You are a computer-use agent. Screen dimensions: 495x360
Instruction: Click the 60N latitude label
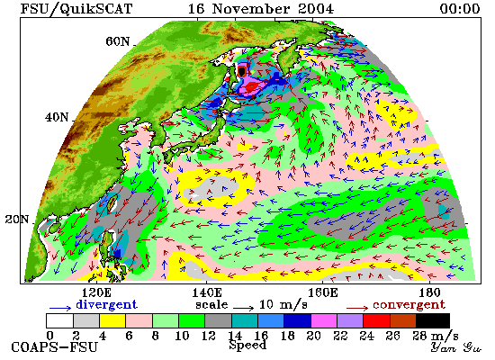click(x=117, y=41)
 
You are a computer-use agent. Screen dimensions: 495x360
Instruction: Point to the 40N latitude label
click(x=57, y=118)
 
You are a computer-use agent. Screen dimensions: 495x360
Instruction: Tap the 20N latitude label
click(x=17, y=220)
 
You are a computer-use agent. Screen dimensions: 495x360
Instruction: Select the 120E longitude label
click(x=96, y=292)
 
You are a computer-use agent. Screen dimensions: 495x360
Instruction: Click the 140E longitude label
click(x=207, y=292)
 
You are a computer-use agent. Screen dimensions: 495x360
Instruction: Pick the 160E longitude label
click(x=322, y=292)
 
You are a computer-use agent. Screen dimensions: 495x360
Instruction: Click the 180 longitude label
click(x=429, y=292)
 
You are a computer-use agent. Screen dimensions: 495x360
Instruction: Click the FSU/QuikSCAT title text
click(x=76, y=9)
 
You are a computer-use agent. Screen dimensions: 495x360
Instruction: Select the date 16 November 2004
click(x=261, y=8)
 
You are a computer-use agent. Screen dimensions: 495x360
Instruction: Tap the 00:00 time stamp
click(x=460, y=8)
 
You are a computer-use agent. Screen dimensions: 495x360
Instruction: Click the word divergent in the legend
click(x=107, y=305)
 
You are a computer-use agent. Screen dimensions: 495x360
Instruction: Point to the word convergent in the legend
click(x=409, y=305)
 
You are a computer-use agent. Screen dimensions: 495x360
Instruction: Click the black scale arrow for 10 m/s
click(x=243, y=307)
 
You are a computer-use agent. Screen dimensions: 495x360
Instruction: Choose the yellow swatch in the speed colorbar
click(x=112, y=320)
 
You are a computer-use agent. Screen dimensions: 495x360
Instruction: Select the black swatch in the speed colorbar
click(x=433, y=320)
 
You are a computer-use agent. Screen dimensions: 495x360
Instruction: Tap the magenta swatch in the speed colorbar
click(x=324, y=320)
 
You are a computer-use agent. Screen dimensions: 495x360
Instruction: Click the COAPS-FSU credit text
click(x=54, y=347)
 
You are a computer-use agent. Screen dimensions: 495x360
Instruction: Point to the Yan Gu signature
click(x=455, y=347)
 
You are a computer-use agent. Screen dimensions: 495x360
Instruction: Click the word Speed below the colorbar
click(x=247, y=345)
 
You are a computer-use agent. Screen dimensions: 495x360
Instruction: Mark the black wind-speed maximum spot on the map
click(x=242, y=71)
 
